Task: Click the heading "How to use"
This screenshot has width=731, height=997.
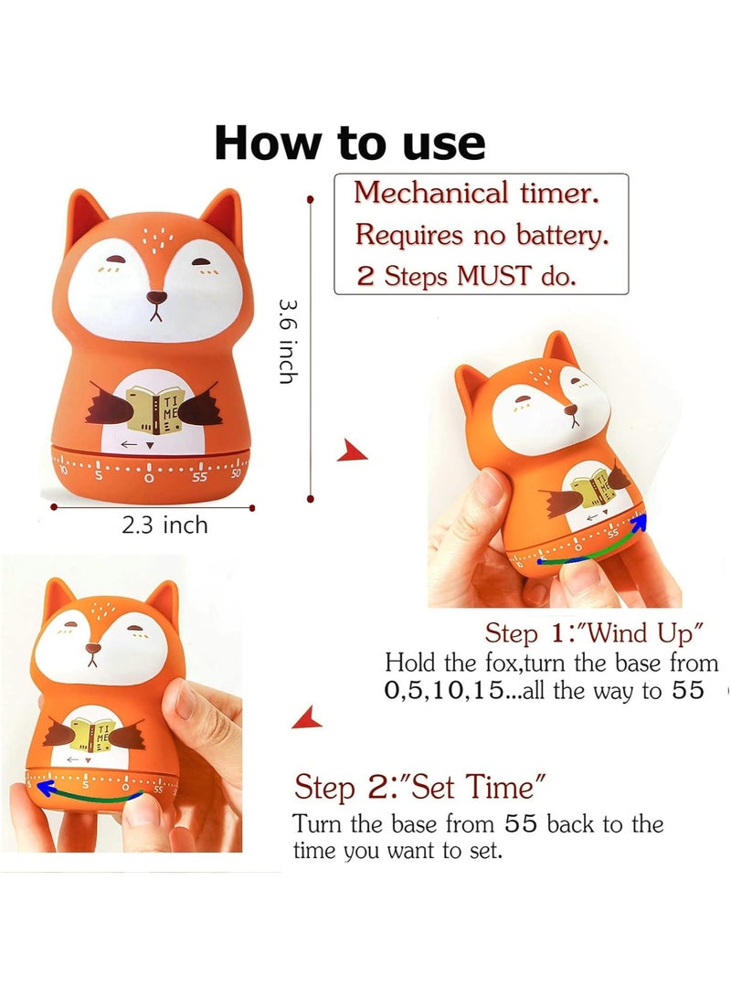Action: point(350,143)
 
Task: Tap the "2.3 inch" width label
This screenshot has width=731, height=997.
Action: point(165,525)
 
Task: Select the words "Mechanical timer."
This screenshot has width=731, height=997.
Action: point(478,194)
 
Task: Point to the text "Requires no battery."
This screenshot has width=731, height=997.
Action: point(481,235)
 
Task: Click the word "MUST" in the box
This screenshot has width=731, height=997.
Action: point(489,276)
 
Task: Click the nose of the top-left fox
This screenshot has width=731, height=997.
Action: point(157,298)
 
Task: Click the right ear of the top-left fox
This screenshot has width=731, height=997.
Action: point(222,220)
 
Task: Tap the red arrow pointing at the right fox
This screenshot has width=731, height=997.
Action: point(352,451)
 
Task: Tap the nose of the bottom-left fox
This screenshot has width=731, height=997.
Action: point(92,650)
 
